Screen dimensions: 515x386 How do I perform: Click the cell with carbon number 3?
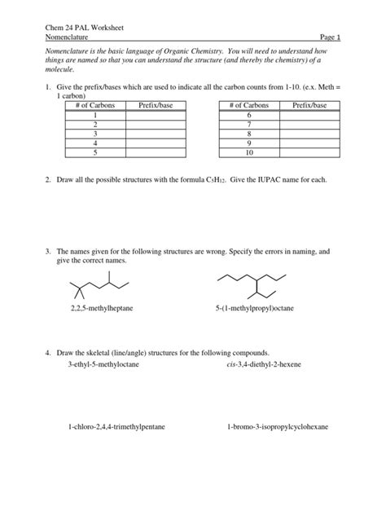click(94, 134)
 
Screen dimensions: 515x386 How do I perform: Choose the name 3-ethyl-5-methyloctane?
click(103, 364)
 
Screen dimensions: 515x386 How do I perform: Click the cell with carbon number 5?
click(94, 152)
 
